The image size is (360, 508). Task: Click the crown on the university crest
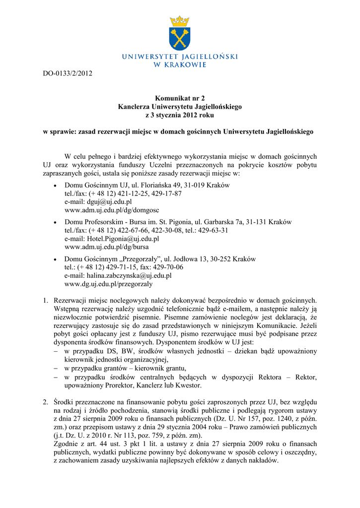(x=180, y=22)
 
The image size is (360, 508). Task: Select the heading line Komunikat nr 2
(x=180, y=98)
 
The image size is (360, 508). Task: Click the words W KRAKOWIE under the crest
(x=180, y=65)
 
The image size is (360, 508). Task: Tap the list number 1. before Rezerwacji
(x=45, y=300)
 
